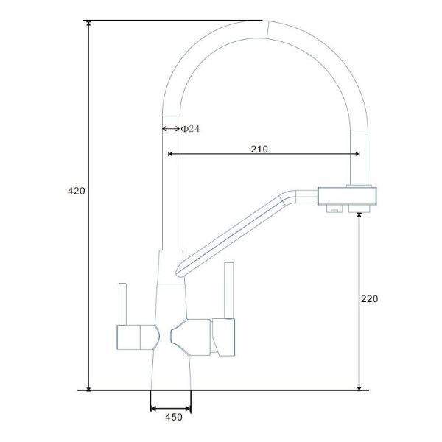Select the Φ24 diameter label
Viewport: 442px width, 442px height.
(191, 129)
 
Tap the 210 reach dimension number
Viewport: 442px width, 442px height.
(259, 149)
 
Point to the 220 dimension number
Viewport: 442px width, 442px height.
(369, 299)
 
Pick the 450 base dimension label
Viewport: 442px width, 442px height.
(173, 418)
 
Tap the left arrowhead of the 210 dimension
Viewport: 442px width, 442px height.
(172, 154)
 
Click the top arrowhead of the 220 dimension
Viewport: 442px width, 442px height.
(359, 214)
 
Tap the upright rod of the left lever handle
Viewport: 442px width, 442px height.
(121, 301)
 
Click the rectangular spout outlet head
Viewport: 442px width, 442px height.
(347, 196)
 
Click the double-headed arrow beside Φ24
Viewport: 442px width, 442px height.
(170, 129)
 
